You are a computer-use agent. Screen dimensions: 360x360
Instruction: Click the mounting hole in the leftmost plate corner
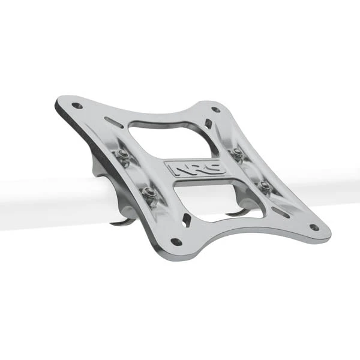77,106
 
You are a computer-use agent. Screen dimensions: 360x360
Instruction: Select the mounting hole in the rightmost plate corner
313,227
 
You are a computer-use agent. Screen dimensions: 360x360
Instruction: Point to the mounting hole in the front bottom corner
176,242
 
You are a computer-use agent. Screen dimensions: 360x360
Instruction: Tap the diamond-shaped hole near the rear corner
208,124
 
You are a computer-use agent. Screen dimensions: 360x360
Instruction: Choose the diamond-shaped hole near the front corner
187,220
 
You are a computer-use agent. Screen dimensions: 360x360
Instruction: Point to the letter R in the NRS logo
191,169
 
